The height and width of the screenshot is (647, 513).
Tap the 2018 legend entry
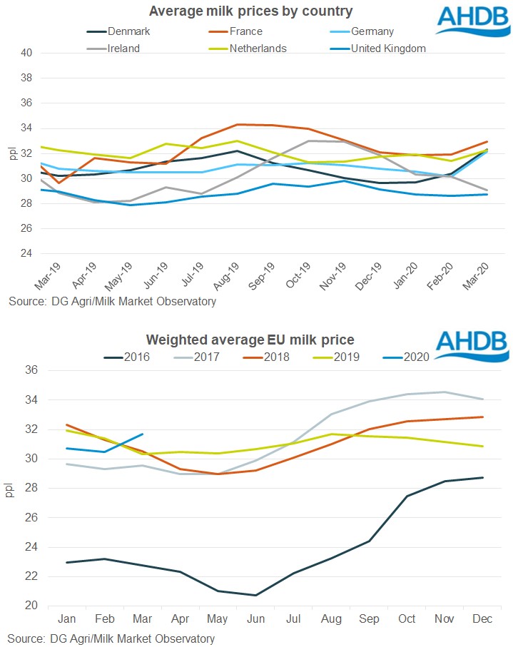[274, 357]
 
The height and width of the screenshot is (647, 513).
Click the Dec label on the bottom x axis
[482, 618]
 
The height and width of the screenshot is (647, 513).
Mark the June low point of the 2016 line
[255, 595]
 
